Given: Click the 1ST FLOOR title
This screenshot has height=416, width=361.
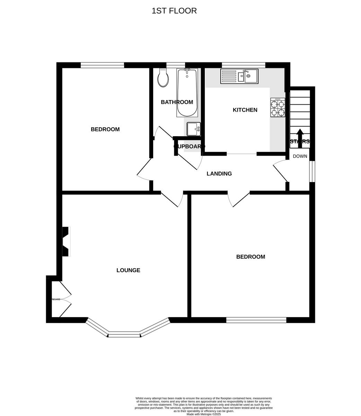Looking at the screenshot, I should coord(174,11).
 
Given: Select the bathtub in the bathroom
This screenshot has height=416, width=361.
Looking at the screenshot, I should coord(187,93).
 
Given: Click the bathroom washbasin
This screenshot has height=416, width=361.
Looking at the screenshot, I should coord(193,129).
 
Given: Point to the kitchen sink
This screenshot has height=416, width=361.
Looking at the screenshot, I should coord(239,76).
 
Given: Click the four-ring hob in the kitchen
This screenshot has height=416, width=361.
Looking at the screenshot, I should coord(278,107).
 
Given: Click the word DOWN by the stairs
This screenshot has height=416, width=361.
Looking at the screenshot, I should coord(300,156).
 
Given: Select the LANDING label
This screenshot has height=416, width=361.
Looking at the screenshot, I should coord(219,174).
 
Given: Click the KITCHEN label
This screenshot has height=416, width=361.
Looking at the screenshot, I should coord(245,110).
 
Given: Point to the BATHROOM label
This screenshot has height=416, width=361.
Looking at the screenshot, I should coord(177,102).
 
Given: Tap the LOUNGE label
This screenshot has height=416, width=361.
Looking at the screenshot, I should coord(128,270).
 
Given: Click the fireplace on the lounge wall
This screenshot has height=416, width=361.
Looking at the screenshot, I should coord(66,242).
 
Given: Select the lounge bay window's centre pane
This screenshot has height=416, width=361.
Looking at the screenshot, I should coord(124,335).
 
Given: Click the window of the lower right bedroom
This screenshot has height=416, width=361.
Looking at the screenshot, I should coord(256,320).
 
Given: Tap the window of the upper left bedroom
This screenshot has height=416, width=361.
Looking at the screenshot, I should coord(102,65).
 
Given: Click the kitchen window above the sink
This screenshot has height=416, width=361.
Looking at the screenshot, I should coord(243,65).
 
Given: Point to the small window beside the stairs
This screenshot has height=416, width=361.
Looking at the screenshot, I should coord(312,171).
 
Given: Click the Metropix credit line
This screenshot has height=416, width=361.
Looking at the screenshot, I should coord(204,414).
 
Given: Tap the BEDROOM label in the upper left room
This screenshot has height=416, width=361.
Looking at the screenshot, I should coord(105,129).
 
